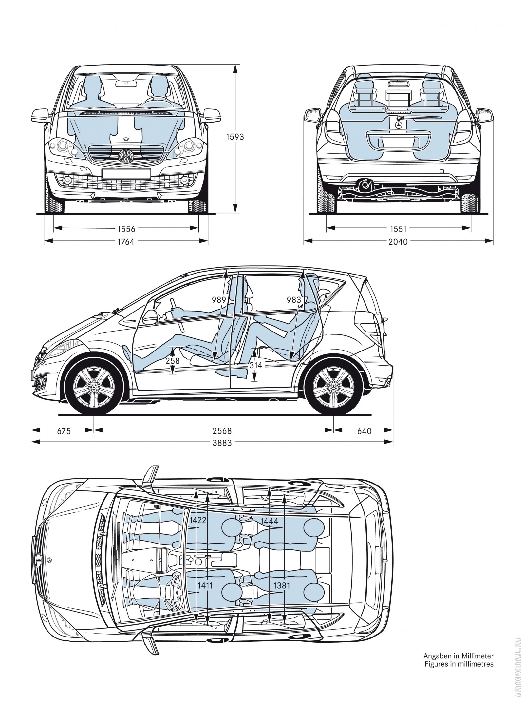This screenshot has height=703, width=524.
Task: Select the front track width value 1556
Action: coord(126,229)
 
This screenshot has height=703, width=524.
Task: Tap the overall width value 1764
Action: coord(126,242)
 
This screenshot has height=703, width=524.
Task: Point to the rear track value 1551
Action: coord(398,229)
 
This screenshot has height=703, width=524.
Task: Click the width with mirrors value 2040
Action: coord(398,242)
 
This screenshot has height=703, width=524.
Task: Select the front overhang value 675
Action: coord(64,431)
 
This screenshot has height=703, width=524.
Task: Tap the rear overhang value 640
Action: coord(364,431)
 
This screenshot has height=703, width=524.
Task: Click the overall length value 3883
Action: coord(222,443)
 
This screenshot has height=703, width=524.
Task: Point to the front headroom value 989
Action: coord(219,299)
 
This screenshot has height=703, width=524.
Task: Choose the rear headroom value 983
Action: coord(294,299)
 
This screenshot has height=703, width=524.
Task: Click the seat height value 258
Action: coord(173,361)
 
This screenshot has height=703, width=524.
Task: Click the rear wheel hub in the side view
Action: coord(334,388)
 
